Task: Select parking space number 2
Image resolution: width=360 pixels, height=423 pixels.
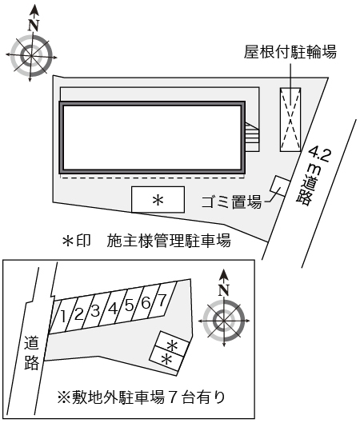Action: click(x=79, y=313)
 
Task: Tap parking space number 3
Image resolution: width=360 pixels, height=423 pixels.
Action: click(x=95, y=310)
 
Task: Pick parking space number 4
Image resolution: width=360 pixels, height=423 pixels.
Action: click(x=113, y=308)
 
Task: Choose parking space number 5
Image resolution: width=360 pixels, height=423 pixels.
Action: click(x=129, y=305)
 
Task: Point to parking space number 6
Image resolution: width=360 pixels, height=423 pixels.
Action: click(x=146, y=302)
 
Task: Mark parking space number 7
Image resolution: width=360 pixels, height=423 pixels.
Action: click(x=162, y=300)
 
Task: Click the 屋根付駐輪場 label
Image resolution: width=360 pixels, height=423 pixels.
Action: click(x=290, y=53)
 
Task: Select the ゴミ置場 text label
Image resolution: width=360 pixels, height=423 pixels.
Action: click(x=231, y=202)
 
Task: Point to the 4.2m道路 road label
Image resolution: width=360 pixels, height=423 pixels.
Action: click(x=312, y=177)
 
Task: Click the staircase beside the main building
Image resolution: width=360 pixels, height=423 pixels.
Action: click(x=253, y=137)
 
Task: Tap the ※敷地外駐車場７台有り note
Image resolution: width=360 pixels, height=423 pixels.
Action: click(x=141, y=396)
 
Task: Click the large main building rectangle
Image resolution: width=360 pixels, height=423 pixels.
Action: click(x=153, y=138)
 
